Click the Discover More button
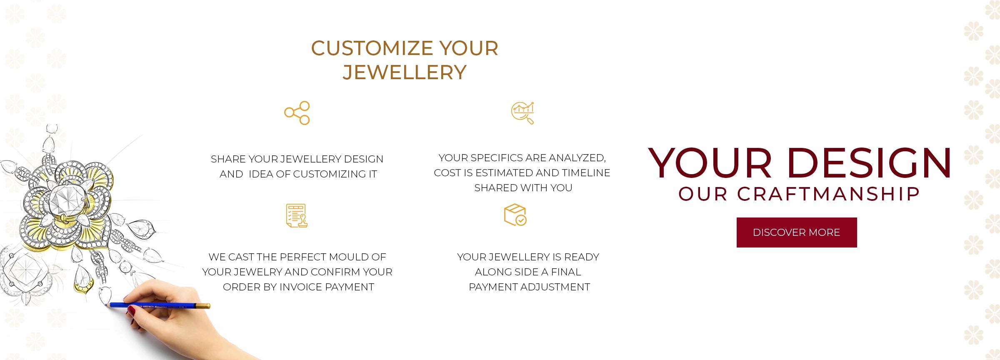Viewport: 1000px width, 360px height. coord(797,232)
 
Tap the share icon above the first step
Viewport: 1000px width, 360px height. coord(297,113)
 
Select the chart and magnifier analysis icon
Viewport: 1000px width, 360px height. coord(523,113)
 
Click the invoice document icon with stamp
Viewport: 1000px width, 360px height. coord(297,216)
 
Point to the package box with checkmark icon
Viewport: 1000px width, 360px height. coord(515,215)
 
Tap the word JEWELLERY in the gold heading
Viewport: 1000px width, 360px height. coord(405,72)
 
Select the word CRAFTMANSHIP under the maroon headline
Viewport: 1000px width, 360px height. coord(829,194)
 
